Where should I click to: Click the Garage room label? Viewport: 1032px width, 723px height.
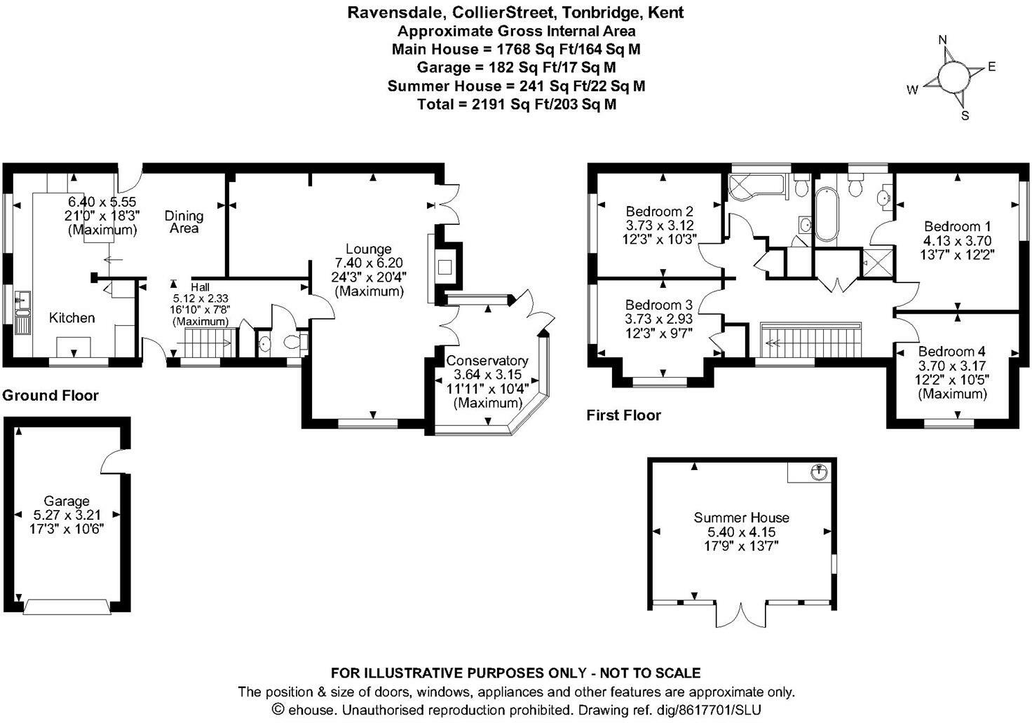click(67, 501)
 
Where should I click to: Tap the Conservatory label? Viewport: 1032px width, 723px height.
click(487, 361)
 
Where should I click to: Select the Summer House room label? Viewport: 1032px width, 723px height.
click(741, 518)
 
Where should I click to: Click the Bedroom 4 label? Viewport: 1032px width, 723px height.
click(951, 352)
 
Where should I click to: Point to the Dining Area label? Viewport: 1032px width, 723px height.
click(184, 221)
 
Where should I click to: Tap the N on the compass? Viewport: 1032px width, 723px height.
click(943, 40)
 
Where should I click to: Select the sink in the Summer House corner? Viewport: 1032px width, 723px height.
click(817, 471)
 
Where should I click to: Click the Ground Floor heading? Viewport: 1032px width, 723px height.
click(50, 395)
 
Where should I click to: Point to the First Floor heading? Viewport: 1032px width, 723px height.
click(623, 415)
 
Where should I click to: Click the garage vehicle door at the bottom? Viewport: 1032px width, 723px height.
click(67, 607)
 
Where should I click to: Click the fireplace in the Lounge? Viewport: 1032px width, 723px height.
click(444, 267)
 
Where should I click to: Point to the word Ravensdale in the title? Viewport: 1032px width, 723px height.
click(392, 12)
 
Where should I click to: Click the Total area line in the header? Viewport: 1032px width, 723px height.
click(517, 104)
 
